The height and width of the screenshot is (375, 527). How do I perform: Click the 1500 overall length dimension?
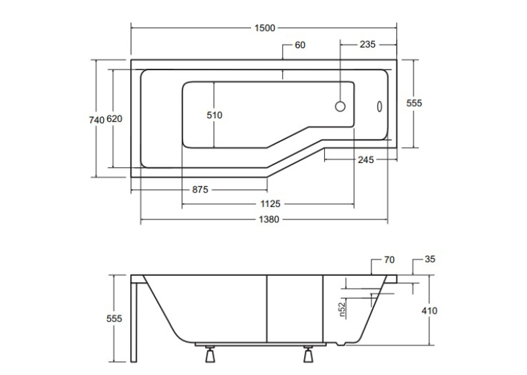tap(265, 28)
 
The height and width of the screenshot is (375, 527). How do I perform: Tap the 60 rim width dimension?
tap(300, 45)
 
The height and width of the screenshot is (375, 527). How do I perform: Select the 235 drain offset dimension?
tap(367, 44)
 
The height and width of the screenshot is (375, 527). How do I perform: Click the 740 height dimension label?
tap(96, 120)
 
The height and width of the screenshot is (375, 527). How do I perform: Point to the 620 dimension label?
tap(114, 118)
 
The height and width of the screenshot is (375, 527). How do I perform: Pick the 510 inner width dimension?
tap(215, 116)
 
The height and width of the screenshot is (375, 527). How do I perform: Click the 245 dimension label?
tap(366, 160)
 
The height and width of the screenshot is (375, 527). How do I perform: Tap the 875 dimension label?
tap(200, 190)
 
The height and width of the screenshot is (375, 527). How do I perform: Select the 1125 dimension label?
tap(270, 204)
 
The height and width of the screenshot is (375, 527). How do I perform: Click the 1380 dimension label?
tap(269, 219)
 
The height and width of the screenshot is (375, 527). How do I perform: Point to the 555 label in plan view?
tap(414, 103)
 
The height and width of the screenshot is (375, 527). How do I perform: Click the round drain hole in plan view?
tap(340, 107)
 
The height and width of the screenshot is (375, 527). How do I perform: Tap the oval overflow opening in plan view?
tap(380, 107)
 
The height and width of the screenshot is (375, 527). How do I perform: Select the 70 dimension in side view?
tap(389, 259)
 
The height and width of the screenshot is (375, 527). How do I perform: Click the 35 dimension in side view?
tap(430, 259)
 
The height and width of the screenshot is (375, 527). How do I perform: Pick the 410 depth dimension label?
tap(429, 311)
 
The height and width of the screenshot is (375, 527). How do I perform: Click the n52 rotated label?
tap(342, 310)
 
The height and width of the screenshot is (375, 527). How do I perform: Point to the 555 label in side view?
tap(114, 319)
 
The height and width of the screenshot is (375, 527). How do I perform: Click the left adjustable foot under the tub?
tap(211, 354)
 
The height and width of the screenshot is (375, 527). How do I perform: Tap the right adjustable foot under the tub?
tap(308, 354)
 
